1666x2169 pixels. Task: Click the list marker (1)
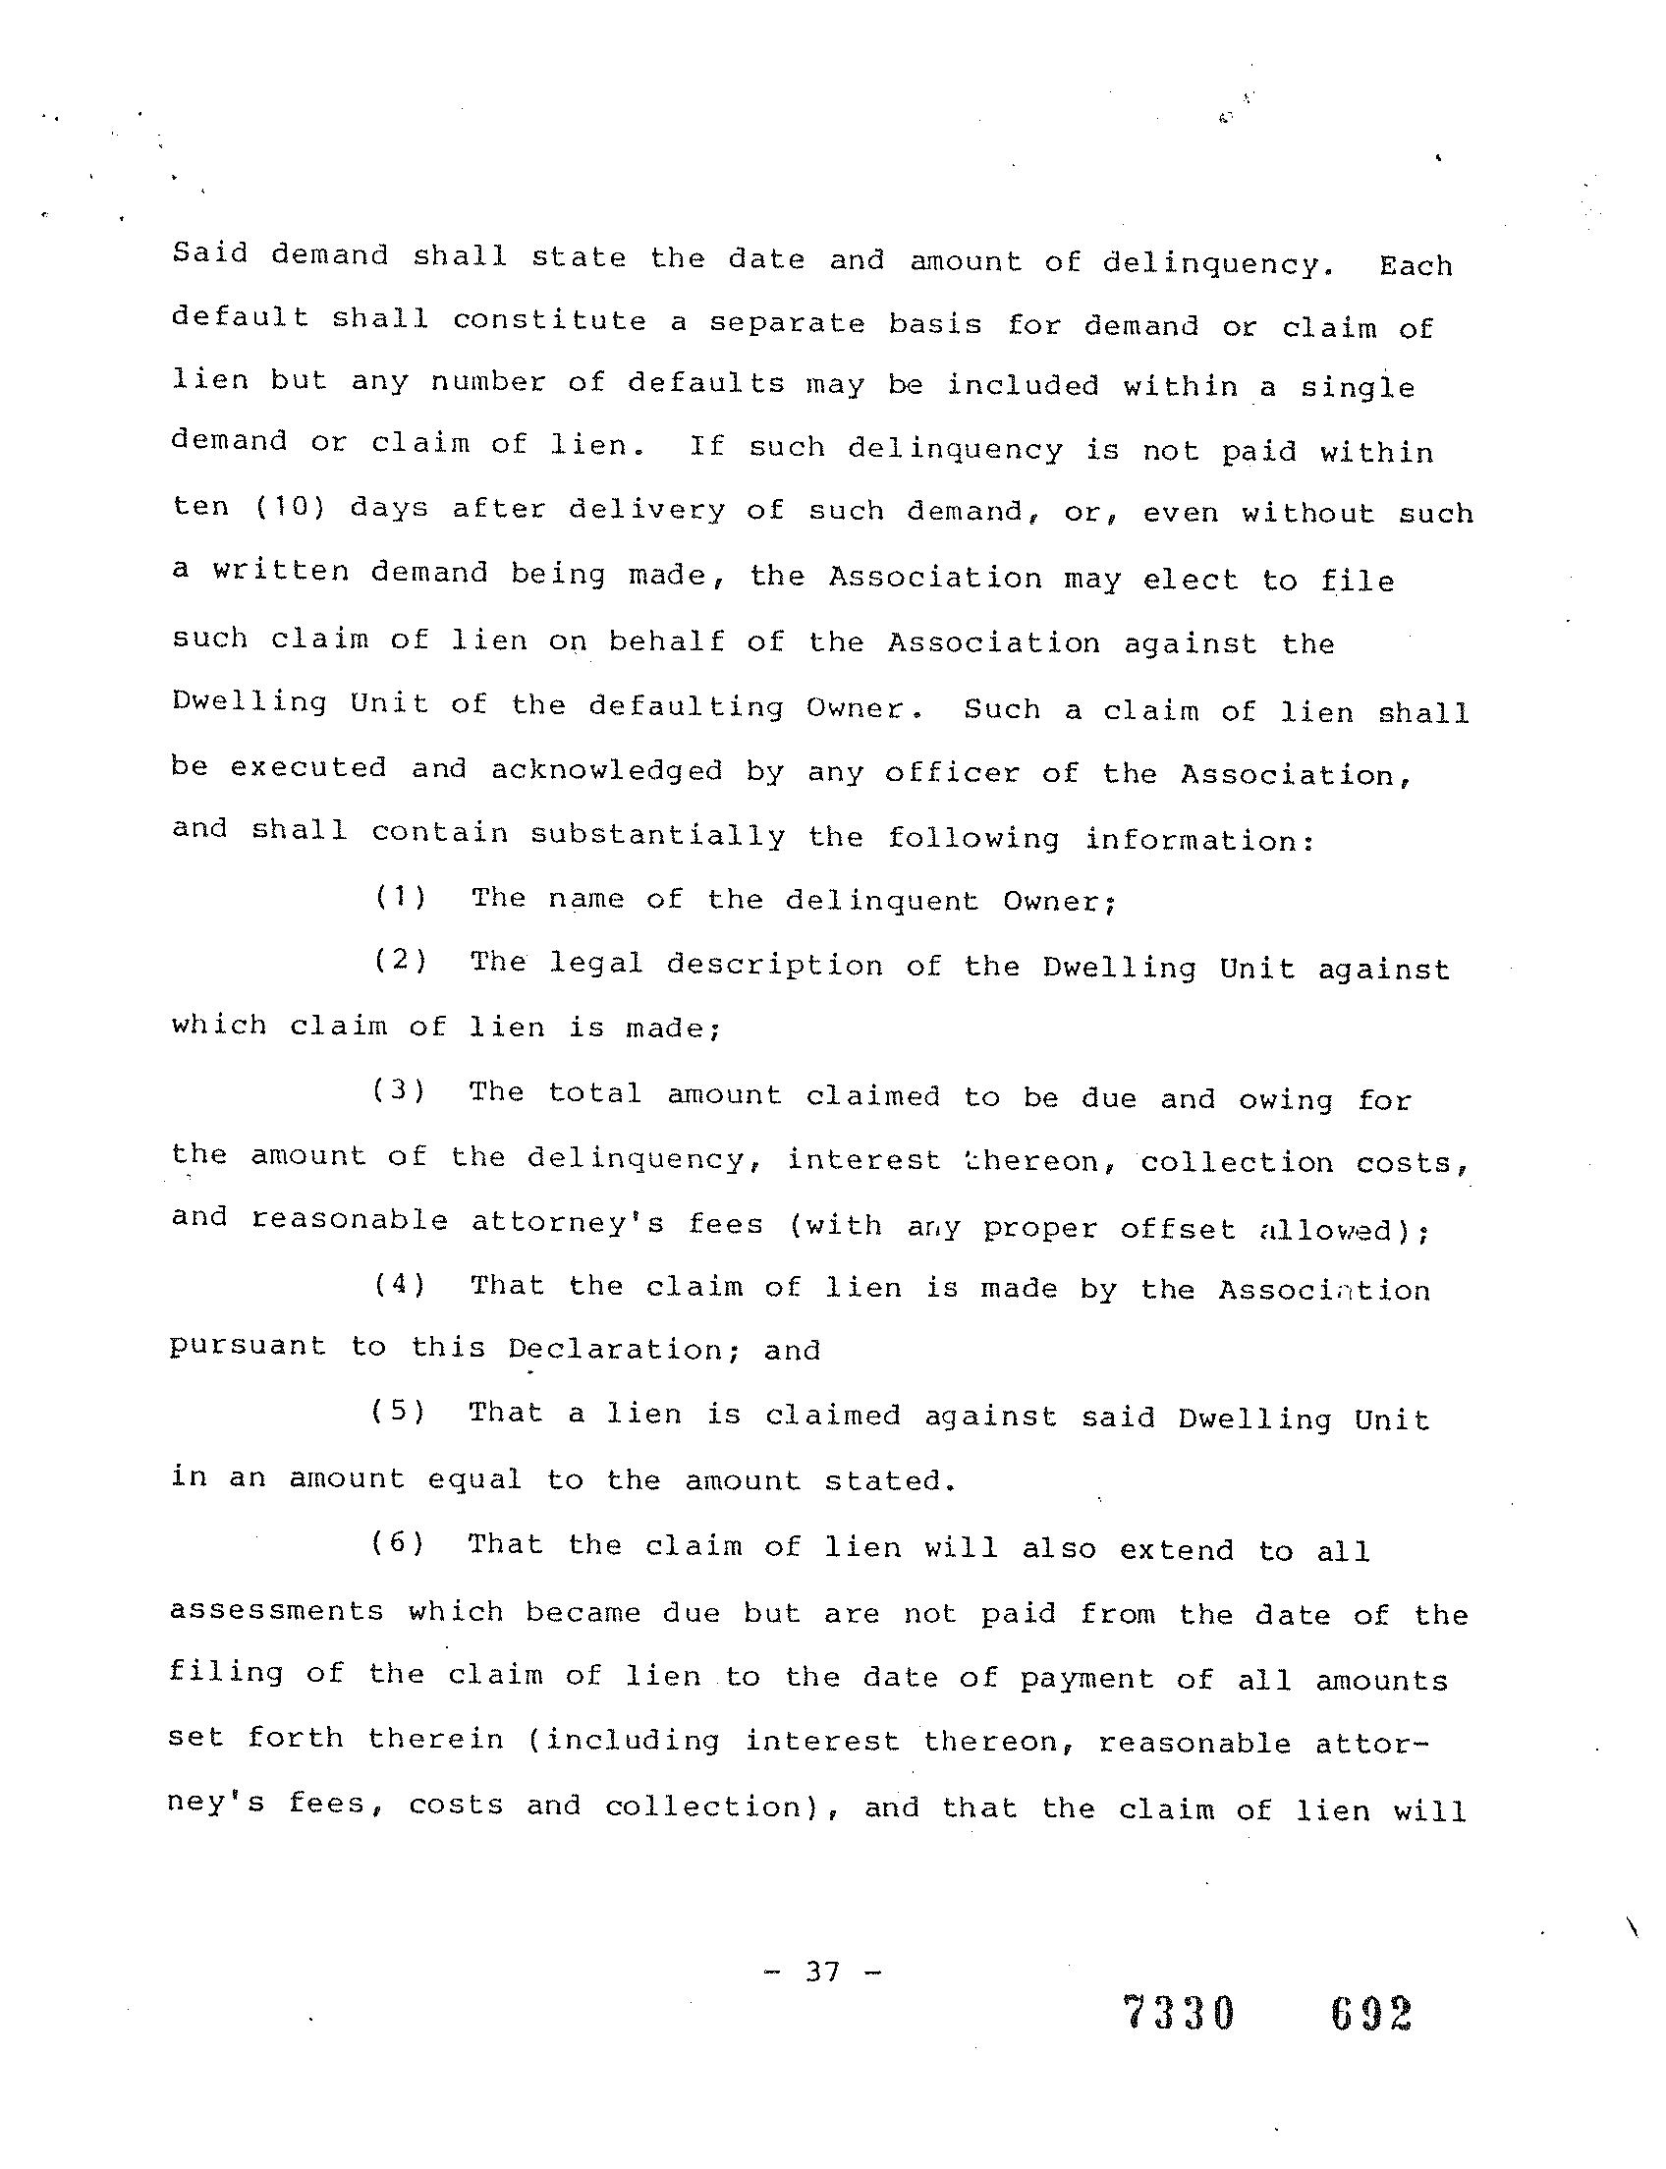pos(401,898)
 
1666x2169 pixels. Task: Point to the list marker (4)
pos(400,1285)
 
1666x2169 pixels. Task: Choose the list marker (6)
pos(399,1543)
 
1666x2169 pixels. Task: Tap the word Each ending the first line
pos(1416,266)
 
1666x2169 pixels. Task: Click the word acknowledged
pos(607,770)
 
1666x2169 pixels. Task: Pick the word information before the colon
pos(1194,839)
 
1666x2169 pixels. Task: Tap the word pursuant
pos(248,1347)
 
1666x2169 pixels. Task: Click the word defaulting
pos(687,706)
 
